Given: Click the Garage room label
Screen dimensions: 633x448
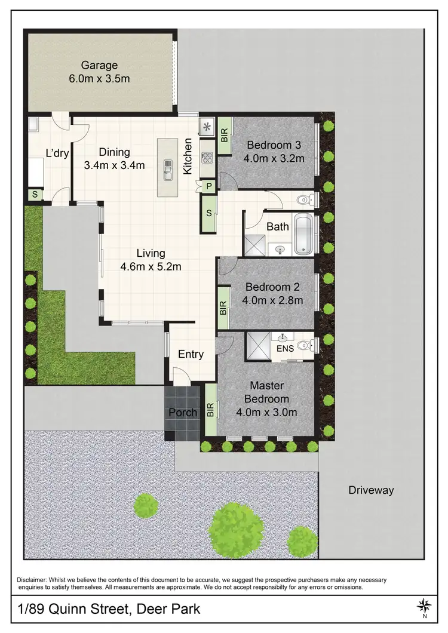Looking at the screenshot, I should pyautogui.click(x=100, y=65).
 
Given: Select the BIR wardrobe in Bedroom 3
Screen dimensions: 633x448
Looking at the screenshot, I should pyautogui.click(x=224, y=136).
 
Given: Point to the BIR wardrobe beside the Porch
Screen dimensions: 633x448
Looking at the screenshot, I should pyautogui.click(x=210, y=410).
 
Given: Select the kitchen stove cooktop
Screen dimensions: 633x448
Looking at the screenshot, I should pyautogui.click(x=208, y=158).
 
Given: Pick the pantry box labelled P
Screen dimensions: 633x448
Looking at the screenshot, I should pyautogui.click(x=208, y=186).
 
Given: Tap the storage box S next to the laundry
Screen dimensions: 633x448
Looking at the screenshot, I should pyautogui.click(x=35, y=195).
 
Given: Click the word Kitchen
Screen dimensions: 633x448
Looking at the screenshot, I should pyautogui.click(x=188, y=156).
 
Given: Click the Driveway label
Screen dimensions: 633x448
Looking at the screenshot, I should pyautogui.click(x=371, y=490).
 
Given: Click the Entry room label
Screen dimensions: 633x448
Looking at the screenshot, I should pyautogui.click(x=191, y=354).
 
